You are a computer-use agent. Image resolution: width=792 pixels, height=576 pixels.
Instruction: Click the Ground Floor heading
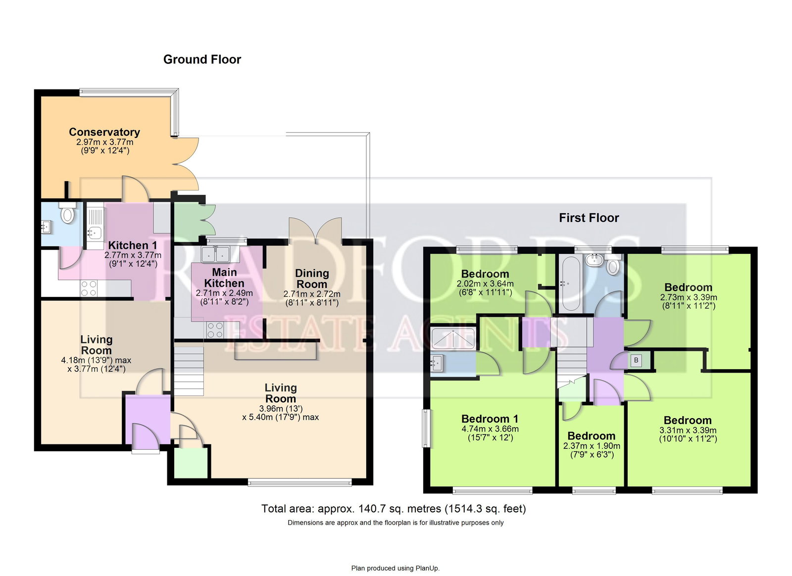coord(202,59)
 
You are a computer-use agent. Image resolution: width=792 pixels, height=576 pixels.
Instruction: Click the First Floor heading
coord(589,218)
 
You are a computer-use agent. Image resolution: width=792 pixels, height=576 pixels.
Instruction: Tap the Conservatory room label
coord(104,132)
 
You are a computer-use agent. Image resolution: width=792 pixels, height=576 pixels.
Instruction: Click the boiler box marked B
coord(636,360)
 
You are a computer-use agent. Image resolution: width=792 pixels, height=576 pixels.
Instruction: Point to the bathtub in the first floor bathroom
coord(570,283)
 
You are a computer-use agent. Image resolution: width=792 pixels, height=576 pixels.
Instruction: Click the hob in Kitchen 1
coord(89,288)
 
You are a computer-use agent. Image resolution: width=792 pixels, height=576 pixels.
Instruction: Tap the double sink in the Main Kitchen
coord(216,254)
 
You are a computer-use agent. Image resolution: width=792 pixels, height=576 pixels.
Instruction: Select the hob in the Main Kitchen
coord(215,330)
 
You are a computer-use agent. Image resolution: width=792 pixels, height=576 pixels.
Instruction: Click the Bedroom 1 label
coord(490,419)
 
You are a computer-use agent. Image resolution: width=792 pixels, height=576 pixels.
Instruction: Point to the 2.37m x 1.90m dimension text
coord(592,446)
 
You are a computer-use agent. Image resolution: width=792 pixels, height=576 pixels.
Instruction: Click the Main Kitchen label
coord(224,278)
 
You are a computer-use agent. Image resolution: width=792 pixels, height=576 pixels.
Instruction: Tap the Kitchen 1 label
coord(133,245)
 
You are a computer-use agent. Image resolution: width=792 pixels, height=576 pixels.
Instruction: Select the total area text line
coord(394,509)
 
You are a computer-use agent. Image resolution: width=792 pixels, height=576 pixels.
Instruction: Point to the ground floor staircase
coord(189,371)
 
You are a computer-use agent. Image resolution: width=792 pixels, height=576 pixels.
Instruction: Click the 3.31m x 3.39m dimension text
coord(688,431)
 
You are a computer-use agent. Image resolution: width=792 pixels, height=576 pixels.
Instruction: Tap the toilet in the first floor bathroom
coord(613,266)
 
